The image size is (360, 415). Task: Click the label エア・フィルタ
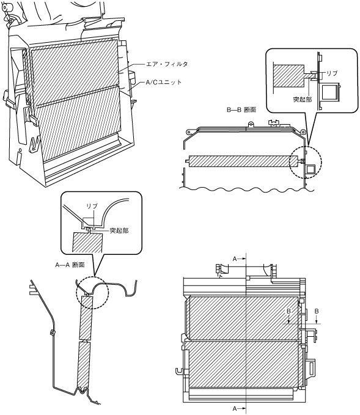point(167,64)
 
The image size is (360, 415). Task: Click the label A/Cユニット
point(164,83)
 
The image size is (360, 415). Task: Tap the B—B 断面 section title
point(241,110)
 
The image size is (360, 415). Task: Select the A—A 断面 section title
point(70,265)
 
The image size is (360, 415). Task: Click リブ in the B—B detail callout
point(332,73)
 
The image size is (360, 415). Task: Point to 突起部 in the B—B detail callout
point(303,99)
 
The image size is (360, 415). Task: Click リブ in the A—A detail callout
point(92,206)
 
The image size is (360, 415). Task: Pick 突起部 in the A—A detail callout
point(119,231)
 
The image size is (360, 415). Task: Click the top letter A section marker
point(235,259)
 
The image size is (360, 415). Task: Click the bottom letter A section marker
point(235,409)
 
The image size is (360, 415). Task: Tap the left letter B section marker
point(288,312)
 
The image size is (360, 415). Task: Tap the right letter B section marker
point(317,312)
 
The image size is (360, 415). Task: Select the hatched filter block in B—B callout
point(288,76)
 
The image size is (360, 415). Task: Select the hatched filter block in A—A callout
point(87,242)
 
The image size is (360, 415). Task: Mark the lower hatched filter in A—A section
point(84,365)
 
